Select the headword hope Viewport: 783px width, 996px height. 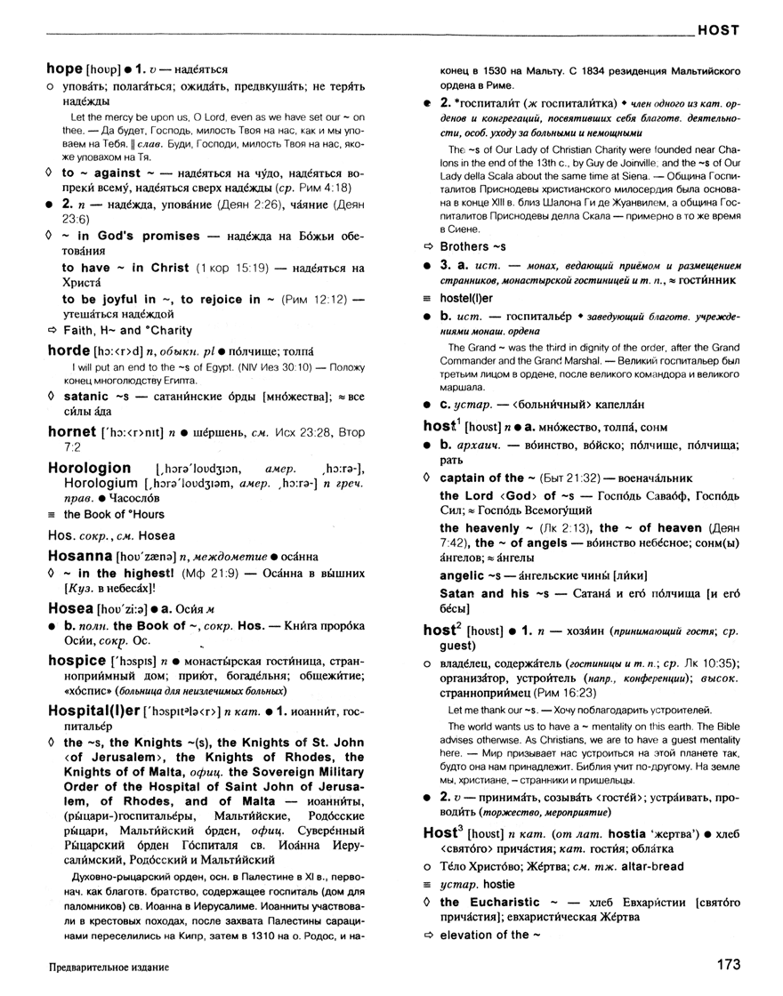[x=64, y=68]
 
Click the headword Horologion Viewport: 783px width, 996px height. [x=89, y=467]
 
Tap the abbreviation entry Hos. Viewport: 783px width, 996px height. [x=58, y=535]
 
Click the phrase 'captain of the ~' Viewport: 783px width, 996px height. [x=482, y=478]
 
